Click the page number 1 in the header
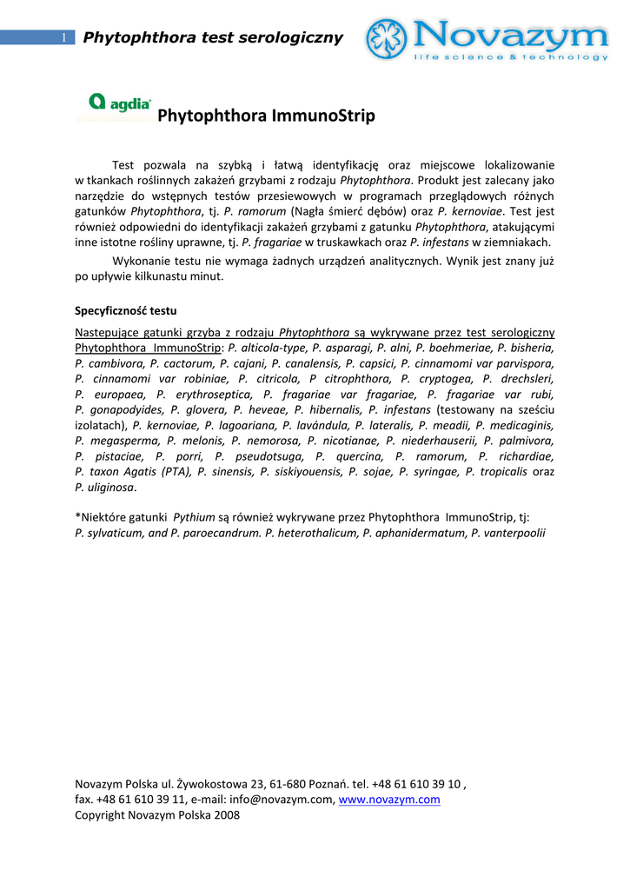click(x=63, y=37)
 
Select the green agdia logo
click(x=114, y=105)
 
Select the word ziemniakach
click(x=519, y=242)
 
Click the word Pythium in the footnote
click(x=195, y=516)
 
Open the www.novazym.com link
click(x=389, y=800)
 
